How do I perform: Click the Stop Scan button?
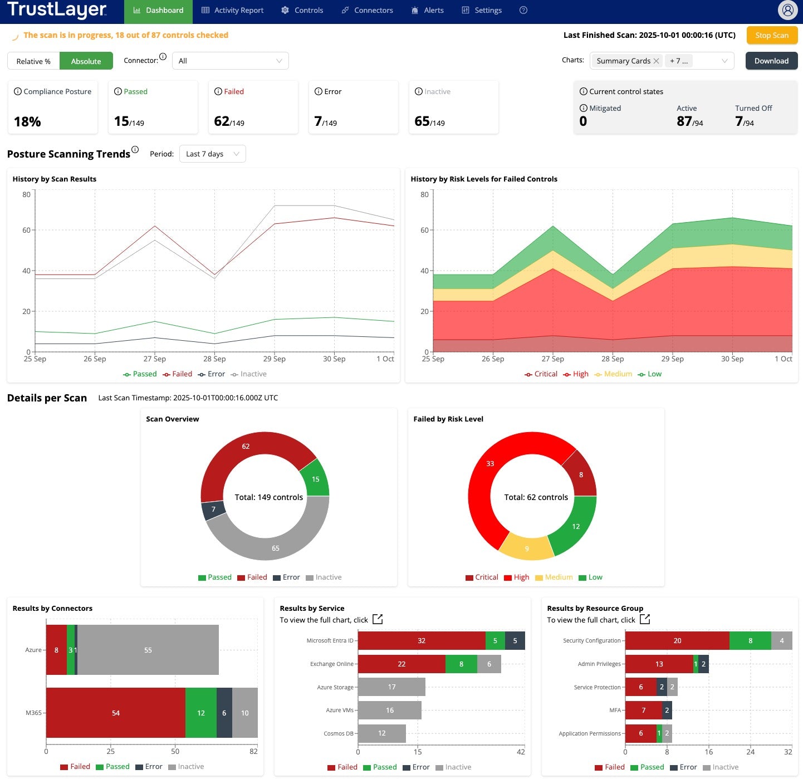pos(772,35)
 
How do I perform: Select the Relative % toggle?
pos(33,61)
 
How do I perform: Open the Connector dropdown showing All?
pos(230,61)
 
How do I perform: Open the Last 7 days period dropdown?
pos(212,154)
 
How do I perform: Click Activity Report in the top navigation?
pos(232,11)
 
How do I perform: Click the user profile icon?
pos(787,10)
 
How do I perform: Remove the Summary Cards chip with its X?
pos(657,61)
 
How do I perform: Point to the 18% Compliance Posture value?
pos(27,122)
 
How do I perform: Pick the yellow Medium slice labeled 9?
pos(527,548)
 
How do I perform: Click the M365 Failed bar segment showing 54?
pos(116,713)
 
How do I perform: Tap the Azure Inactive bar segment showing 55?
pos(148,650)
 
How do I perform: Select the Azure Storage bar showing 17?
pos(391,687)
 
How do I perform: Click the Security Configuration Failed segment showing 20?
pos(677,641)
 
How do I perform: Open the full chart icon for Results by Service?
pos(378,619)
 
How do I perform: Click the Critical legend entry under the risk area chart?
pos(541,374)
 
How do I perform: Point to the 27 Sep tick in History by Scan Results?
pos(154,359)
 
